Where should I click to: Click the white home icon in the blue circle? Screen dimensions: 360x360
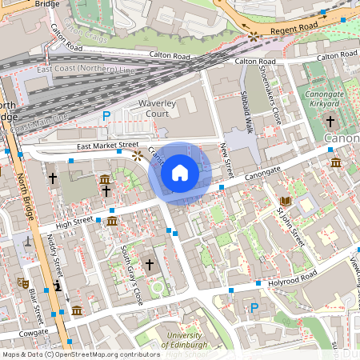click(x=180, y=172)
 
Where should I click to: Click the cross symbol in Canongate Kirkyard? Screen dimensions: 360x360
click(x=330, y=121)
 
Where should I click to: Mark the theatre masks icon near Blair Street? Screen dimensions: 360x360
click(x=23, y=282)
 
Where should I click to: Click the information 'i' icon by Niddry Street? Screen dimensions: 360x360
click(x=58, y=286)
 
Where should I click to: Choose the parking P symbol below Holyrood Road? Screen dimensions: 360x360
click(x=254, y=308)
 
